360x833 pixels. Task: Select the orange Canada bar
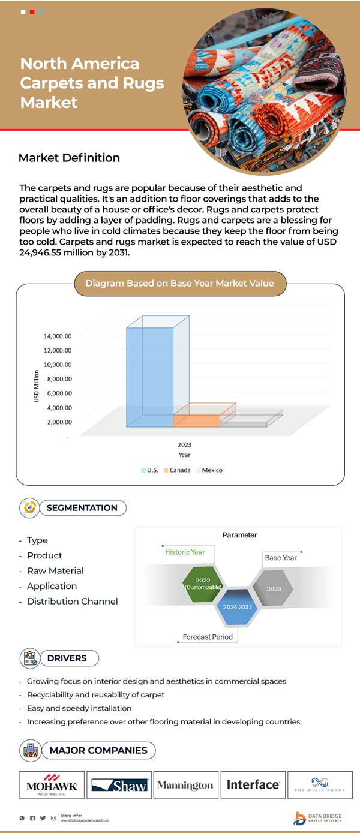click(x=196, y=420)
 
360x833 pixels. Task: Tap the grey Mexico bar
click(x=243, y=424)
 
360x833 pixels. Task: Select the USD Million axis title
click(x=37, y=386)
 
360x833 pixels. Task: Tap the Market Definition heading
click(x=69, y=158)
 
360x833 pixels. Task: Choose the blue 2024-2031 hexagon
click(x=238, y=607)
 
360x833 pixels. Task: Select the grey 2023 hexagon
click(x=274, y=588)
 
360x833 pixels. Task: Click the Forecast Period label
click(x=208, y=637)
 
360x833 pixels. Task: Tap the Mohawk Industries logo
click(x=52, y=785)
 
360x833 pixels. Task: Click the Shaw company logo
click(x=119, y=785)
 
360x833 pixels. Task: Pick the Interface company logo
click(x=253, y=785)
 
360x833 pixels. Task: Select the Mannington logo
click(x=185, y=785)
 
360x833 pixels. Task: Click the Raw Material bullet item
click(x=55, y=571)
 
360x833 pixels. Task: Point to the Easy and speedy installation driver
click(x=79, y=708)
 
